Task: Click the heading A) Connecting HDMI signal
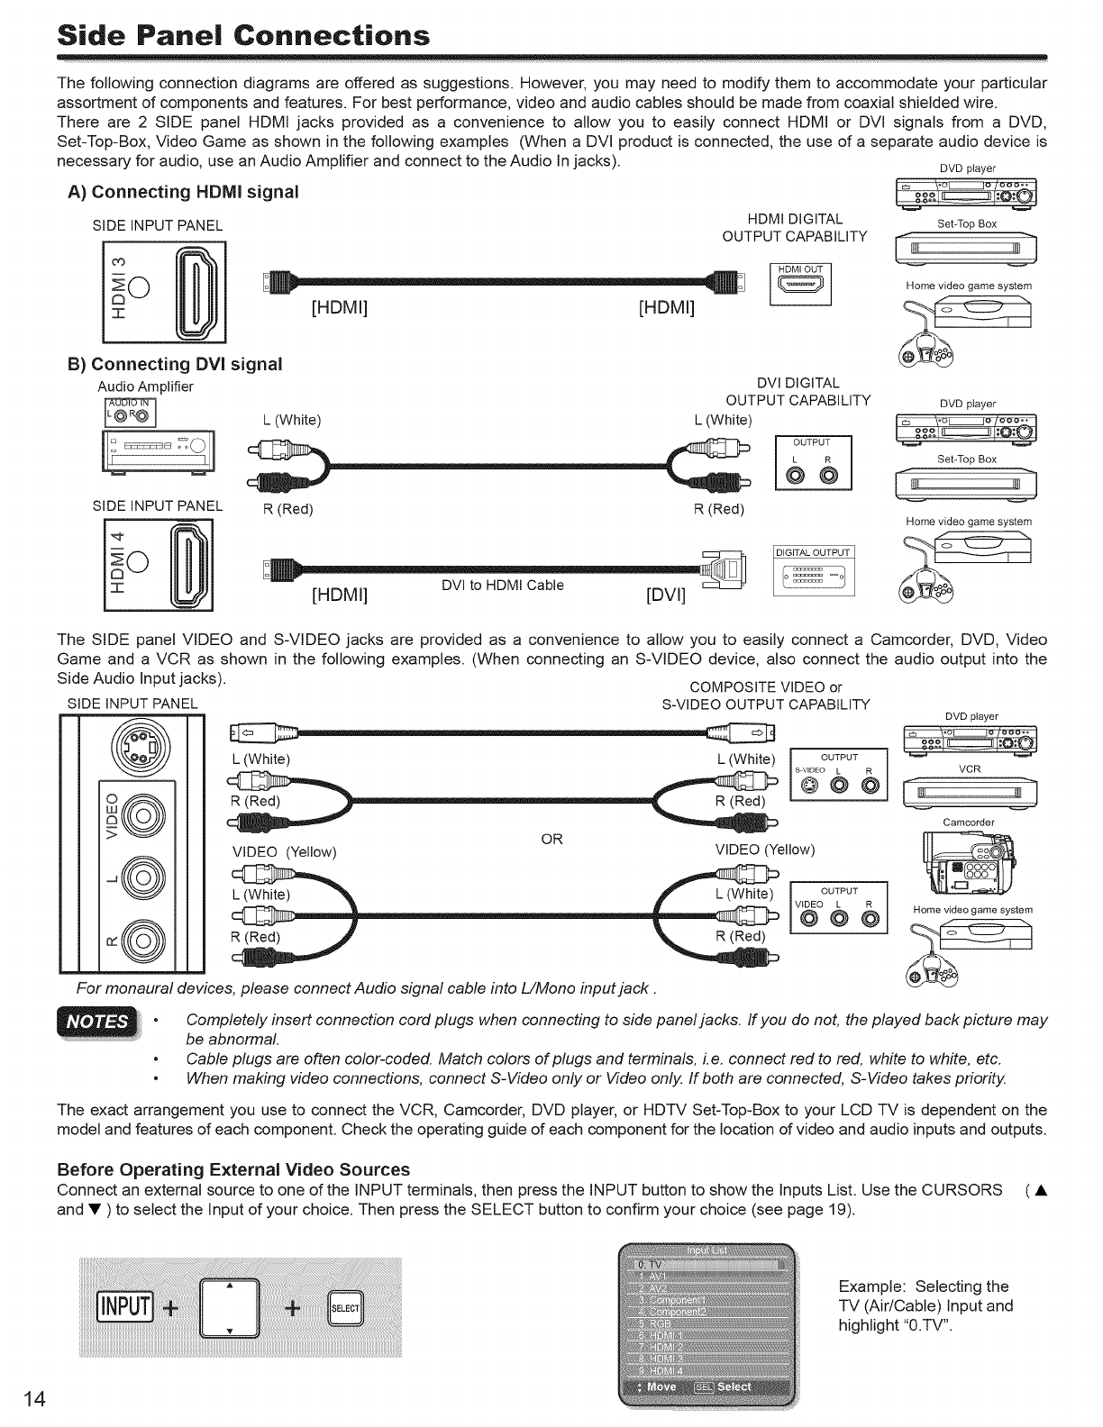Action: (x=183, y=192)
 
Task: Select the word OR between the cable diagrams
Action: (x=551, y=840)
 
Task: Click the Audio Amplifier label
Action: (x=145, y=386)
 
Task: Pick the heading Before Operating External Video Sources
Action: (x=233, y=1169)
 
